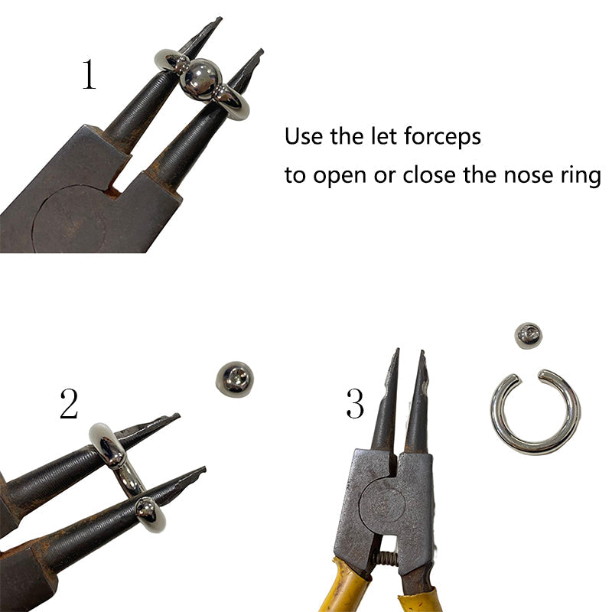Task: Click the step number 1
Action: pyautogui.click(x=89, y=74)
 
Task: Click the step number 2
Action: pyautogui.click(x=69, y=404)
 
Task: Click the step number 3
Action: pyautogui.click(x=355, y=404)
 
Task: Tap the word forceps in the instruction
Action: pyautogui.click(x=442, y=137)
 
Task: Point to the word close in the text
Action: pyautogui.click(x=428, y=174)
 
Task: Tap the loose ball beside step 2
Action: pyautogui.click(x=235, y=379)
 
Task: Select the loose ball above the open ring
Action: pyautogui.click(x=529, y=335)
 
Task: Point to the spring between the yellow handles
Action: pyautogui.click(x=386, y=559)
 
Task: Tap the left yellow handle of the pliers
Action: pyautogui.click(x=347, y=585)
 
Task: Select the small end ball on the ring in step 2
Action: pyautogui.click(x=146, y=509)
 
